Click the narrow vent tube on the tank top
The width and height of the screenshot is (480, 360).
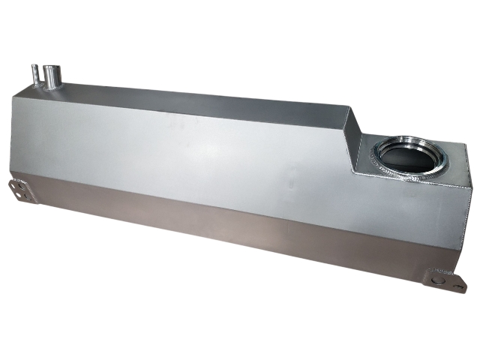tap(35, 77)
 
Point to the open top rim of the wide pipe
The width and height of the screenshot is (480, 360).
tap(52, 68)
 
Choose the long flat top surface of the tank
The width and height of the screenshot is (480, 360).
tap(202, 105)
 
